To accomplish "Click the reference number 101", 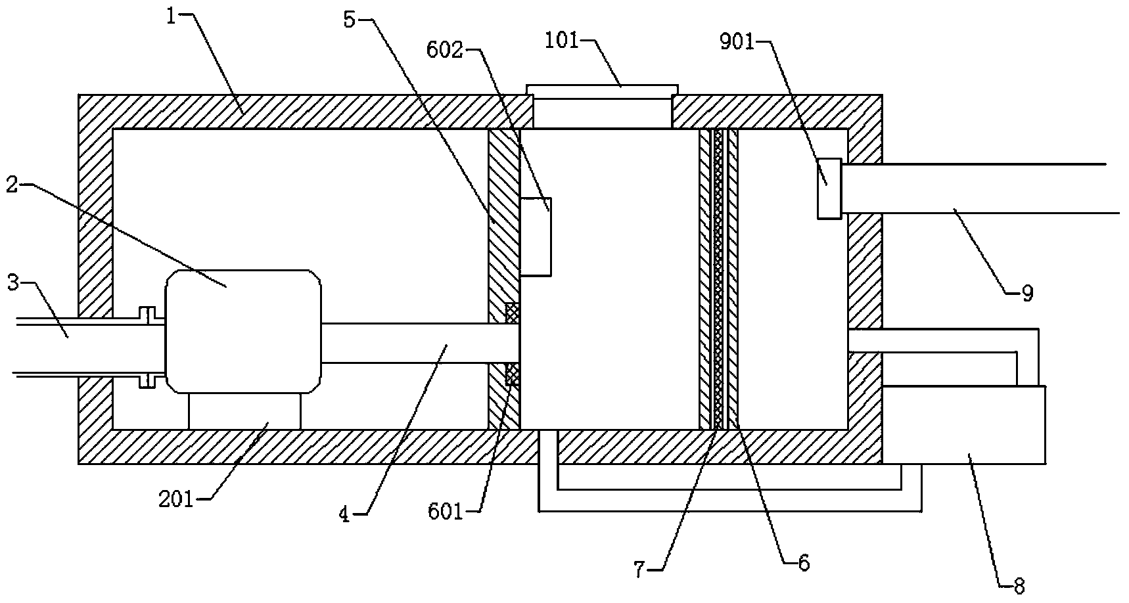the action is tap(563, 41).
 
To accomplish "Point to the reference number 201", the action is tap(177, 500).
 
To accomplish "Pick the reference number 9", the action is tap(1027, 292).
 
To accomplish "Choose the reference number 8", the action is tap(1019, 586).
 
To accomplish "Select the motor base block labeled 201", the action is tap(244, 411).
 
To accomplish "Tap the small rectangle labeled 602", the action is tap(536, 236).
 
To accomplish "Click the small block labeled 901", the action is tap(829, 189).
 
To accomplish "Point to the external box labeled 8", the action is tap(963, 425).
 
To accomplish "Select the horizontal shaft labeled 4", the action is tap(421, 342).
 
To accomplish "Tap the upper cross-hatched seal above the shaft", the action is tap(513, 313).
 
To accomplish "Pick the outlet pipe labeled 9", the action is tap(979, 188).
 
